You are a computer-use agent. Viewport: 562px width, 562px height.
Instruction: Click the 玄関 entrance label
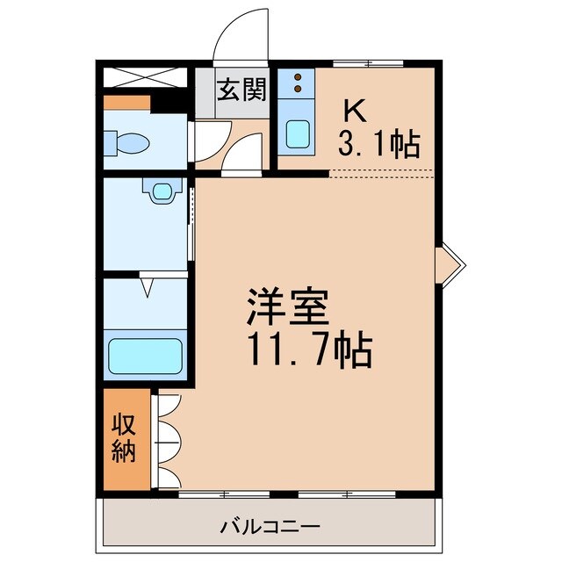point(241,91)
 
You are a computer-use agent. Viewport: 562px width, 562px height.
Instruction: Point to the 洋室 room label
point(286,310)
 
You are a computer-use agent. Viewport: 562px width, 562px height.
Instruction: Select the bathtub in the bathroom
point(146,356)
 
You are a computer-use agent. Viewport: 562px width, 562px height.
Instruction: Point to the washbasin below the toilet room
point(159,191)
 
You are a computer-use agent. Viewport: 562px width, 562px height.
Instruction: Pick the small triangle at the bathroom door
point(147,285)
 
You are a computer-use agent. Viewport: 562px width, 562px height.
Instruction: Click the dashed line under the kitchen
point(382,170)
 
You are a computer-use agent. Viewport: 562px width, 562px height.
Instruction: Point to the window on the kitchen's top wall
point(368,63)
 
